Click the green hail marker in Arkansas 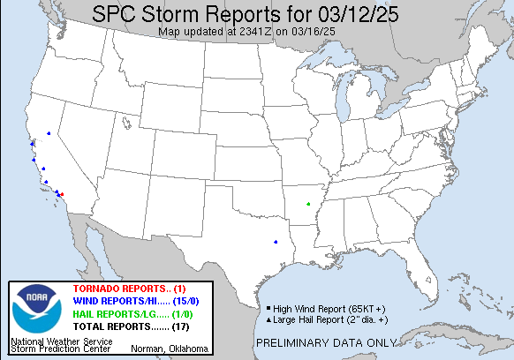[x=308, y=205]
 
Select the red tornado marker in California [x=62, y=194]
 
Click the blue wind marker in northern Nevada [x=49, y=133]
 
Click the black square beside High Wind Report [x=268, y=308]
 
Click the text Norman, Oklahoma [x=170, y=349]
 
